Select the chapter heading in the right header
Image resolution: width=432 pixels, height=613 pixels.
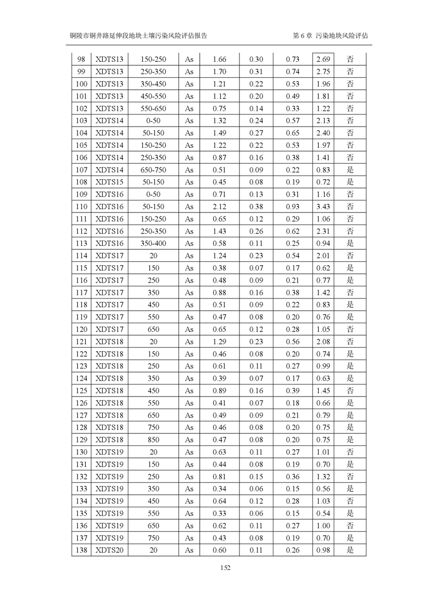pyautogui.click(x=330, y=35)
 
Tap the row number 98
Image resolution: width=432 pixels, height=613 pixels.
pyautogui.click(x=81, y=59)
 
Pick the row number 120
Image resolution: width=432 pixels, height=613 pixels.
pyautogui.click(x=81, y=329)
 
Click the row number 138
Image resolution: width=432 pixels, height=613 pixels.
pyautogui.click(x=81, y=550)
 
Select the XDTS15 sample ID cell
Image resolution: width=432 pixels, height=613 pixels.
pyautogui.click(x=109, y=182)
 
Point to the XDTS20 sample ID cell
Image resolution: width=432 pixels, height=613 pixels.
pyautogui.click(x=109, y=550)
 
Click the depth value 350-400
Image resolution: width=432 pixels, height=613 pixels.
pyautogui.click(x=153, y=243)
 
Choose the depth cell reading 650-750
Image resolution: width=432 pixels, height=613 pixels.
pyautogui.click(x=153, y=170)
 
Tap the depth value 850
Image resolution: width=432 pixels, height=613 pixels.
pyautogui.click(x=153, y=439)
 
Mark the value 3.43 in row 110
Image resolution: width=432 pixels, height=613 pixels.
pyautogui.click(x=323, y=207)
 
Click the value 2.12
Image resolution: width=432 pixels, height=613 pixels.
pyautogui.click(x=219, y=207)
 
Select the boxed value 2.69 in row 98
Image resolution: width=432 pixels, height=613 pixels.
pyautogui.click(x=323, y=59)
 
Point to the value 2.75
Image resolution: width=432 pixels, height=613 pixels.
pyautogui.click(x=323, y=71)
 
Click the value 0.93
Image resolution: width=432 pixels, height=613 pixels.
pyautogui.click(x=293, y=207)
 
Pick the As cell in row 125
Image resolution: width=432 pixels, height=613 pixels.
pyautogui.click(x=189, y=391)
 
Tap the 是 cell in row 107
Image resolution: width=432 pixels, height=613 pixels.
pyautogui.click(x=350, y=170)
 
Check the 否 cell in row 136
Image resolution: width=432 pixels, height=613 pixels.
pyautogui.click(x=350, y=525)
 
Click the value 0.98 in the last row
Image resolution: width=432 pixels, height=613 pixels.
pyautogui.click(x=323, y=550)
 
